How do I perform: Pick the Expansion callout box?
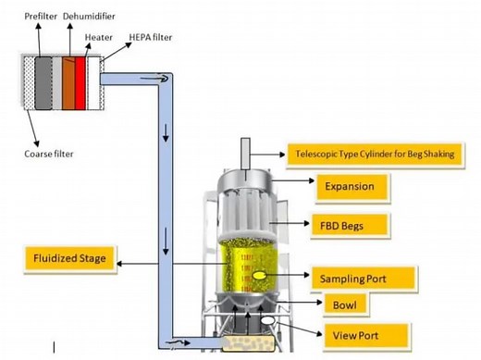coord(349,187)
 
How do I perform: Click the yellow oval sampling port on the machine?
coord(261,275)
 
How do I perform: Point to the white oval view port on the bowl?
coord(266,320)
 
